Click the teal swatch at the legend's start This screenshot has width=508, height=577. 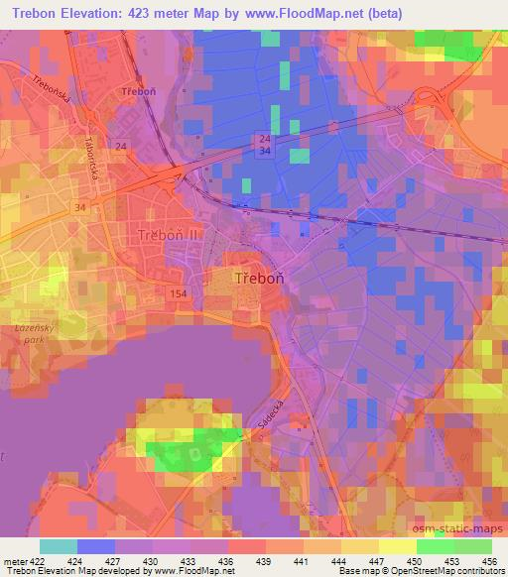59,546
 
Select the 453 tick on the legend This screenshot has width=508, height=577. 451,560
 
